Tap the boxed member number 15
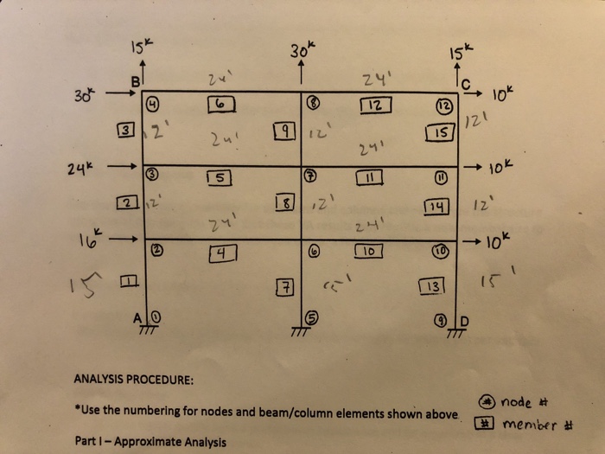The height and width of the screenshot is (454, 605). [x=442, y=132]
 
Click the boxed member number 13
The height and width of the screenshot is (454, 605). [x=431, y=286]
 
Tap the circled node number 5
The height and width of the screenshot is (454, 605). [x=315, y=317]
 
